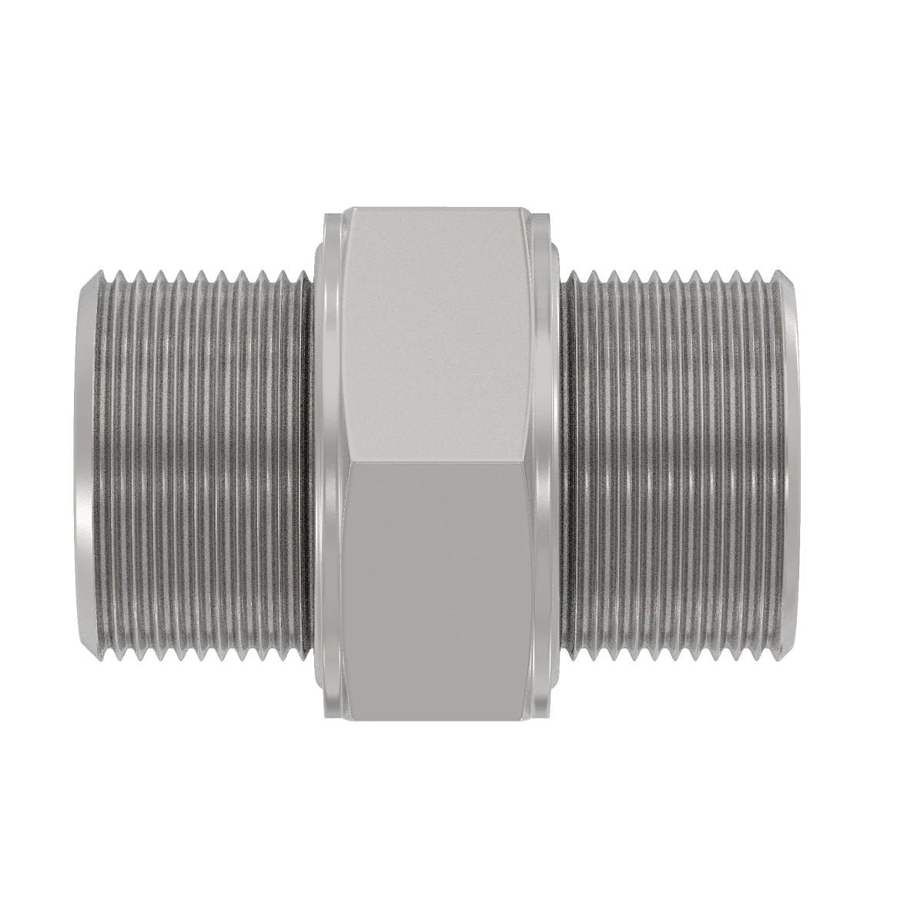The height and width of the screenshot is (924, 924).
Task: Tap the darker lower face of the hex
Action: [x=439, y=585]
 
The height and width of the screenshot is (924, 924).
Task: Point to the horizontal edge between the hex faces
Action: [x=439, y=463]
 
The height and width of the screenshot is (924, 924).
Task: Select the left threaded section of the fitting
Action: [x=200, y=462]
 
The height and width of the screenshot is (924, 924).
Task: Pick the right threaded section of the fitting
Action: [x=678, y=462]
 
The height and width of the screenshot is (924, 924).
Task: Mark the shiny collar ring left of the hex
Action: [x=327, y=462]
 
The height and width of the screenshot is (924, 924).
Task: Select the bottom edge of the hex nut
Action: [x=439, y=718]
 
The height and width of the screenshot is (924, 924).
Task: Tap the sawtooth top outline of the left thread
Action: [x=200, y=275]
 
